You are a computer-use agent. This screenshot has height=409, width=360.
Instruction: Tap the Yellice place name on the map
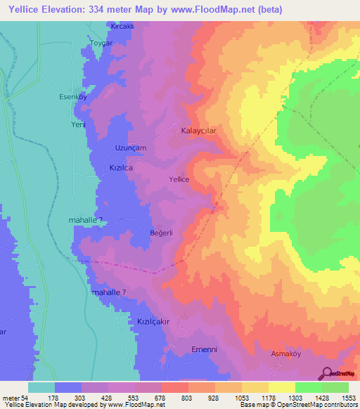179,179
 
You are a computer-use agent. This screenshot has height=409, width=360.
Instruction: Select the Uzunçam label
130,148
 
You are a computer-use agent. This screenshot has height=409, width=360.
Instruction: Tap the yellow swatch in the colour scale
281,387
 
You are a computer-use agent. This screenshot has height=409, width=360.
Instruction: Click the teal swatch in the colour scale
41,387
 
